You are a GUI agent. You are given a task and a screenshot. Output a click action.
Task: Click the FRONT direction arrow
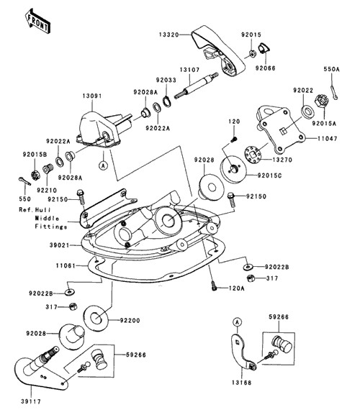tap(38, 22)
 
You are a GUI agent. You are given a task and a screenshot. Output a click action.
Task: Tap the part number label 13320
tap(169, 35)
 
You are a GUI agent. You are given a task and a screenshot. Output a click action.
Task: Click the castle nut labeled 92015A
tap(321, 101)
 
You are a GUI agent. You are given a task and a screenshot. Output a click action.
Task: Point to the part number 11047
tap(328, 138)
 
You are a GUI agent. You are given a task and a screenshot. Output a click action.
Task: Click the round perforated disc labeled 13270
tap(253, 154)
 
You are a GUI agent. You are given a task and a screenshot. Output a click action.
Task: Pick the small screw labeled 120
tap(234, 139)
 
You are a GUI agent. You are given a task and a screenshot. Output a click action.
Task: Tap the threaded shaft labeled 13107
tap(197, 85)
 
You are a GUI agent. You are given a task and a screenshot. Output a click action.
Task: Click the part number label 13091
tap(92, 96)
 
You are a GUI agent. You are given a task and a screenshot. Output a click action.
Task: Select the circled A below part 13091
tap(103, 165)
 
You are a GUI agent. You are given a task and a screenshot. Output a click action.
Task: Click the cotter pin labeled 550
tap(25, 181)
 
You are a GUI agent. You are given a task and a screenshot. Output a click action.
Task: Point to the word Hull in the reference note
tap(42, 210)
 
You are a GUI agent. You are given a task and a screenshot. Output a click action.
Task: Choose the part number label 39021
tap(59, 245)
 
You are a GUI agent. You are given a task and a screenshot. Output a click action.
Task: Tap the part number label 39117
tap(31, 401)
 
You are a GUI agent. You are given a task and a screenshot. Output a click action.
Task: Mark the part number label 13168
tap(242, 383)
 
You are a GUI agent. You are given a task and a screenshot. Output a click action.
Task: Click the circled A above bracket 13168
tap(238, 322)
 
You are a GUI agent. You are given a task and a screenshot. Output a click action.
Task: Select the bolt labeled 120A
tap(214, 286)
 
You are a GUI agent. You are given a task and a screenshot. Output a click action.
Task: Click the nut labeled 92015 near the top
tap(252, 54)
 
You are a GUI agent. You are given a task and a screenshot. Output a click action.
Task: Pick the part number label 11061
tap(66, 265)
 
